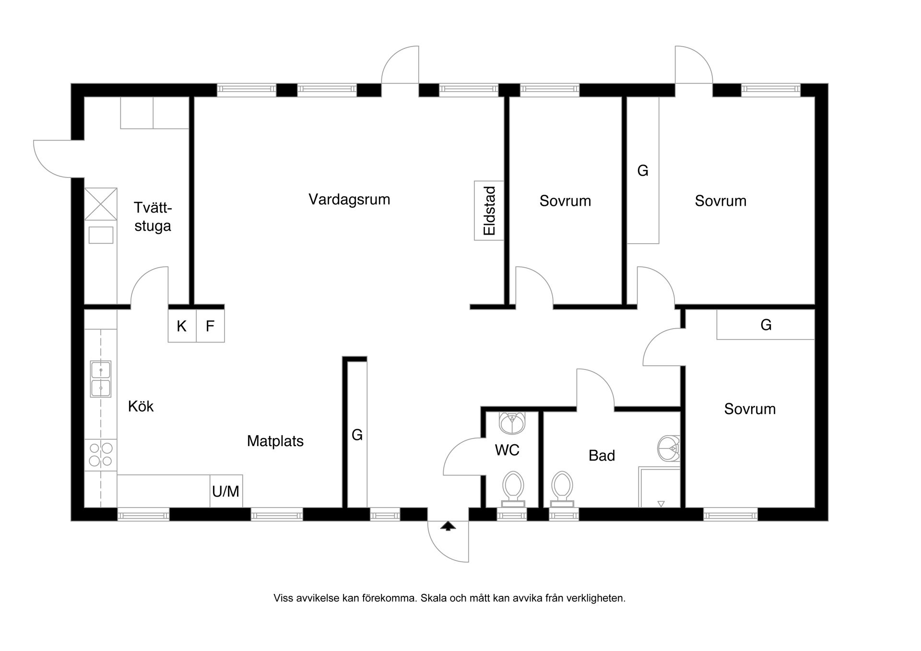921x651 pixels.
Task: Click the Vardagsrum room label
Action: pos(349,199)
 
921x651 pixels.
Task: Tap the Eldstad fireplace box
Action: pos(489,211)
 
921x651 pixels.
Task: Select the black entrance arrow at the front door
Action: pos(448,526)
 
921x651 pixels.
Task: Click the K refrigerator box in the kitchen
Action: pos(182,326)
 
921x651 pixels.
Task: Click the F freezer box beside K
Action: pos(210,326)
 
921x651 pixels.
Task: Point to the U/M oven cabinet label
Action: pos(226,491)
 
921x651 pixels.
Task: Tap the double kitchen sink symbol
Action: pos(101,379)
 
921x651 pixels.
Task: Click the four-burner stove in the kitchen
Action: pos(101,454)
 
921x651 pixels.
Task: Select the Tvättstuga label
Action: pos(153,217)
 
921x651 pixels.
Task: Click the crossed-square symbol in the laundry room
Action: pos(101,204)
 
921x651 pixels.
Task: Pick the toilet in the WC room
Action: pos(513,487)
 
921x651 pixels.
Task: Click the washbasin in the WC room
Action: pos(512,422)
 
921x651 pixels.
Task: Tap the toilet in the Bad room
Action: pos(562,487)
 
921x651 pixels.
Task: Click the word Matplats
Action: pos(275,441)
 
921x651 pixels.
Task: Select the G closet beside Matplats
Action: pos(357,435)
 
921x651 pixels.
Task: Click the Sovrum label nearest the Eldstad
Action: pos(565,201)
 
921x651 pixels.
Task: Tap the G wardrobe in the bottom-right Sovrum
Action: pos(766,325)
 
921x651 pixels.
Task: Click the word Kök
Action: pos(141,406)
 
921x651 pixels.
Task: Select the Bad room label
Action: pos(602,455)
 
